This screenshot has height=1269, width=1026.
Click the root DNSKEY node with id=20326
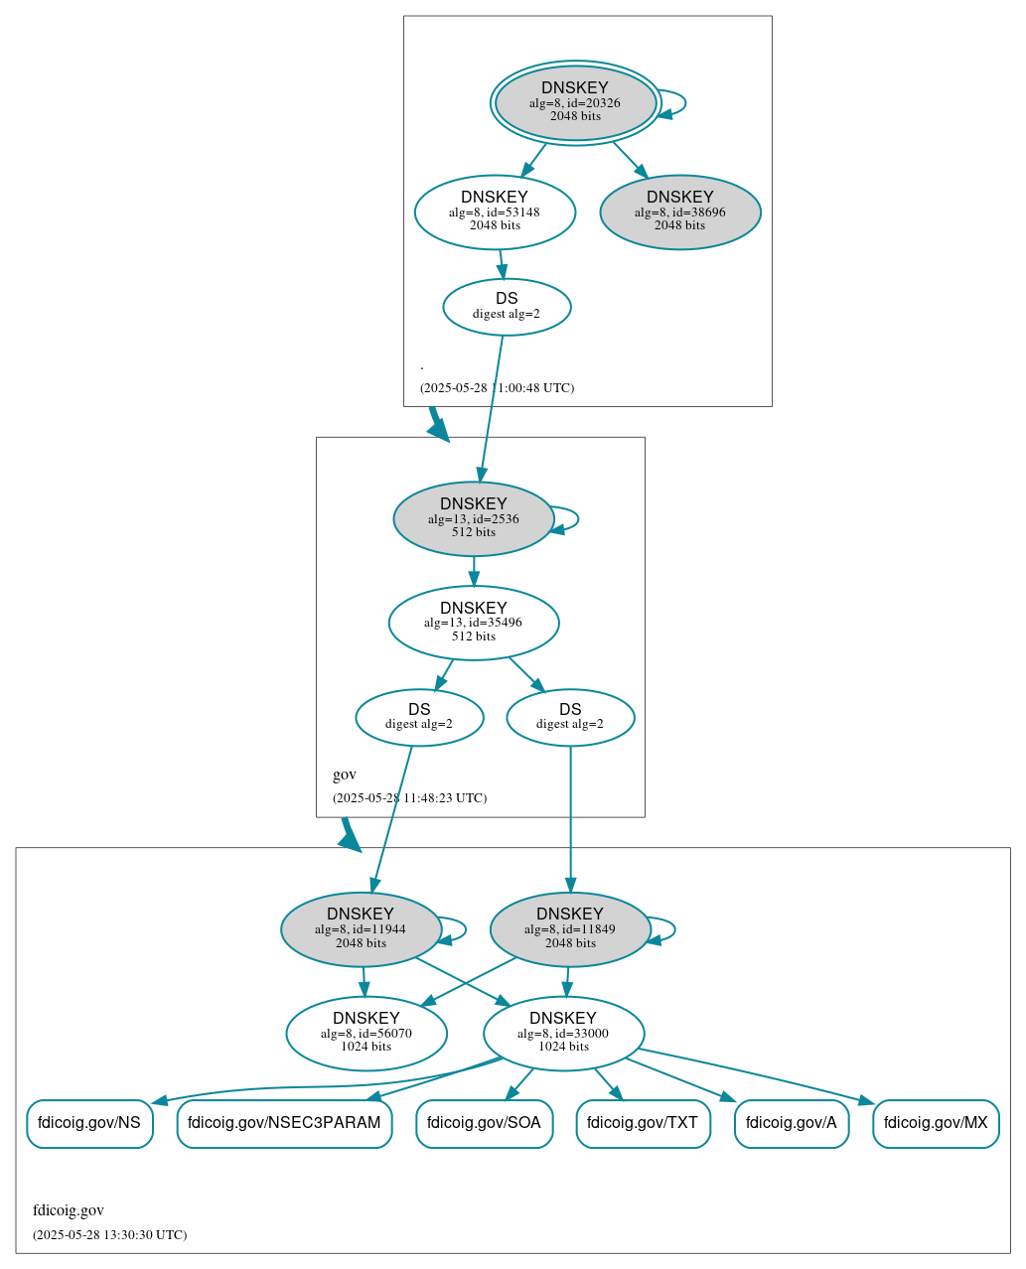(575, 102)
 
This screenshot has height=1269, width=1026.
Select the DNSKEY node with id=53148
(495, 211)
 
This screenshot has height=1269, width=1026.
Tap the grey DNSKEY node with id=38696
(680, 211)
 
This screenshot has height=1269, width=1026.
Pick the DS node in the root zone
(507, 307)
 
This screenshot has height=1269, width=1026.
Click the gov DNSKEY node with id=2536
(474, 518)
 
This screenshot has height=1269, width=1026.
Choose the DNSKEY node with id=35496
(474, 623)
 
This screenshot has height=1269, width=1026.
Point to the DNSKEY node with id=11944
(361, 929)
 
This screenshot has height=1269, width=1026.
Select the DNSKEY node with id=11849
(570, 929)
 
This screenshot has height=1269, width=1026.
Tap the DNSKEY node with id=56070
(366, 1034)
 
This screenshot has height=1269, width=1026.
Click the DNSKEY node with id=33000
(563, 1034)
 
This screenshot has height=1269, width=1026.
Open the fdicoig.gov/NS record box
(89, 1123)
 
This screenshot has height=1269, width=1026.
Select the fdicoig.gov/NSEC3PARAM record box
(284, 1123)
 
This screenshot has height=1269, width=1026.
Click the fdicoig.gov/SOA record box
(484, 1123)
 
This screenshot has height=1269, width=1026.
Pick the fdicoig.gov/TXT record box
(643, 1123)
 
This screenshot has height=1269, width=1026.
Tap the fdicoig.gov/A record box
(792, 1123)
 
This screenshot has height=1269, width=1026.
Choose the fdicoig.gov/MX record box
(936, 1123)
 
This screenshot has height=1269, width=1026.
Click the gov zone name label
(345, 775)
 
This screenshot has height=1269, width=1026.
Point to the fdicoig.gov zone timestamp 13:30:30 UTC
(109, 1235)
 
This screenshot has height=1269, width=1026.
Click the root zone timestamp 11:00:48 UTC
(497, 388)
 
